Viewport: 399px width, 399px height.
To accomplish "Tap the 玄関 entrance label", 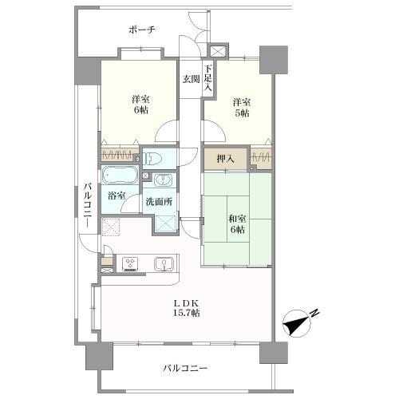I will (x=190, y=78).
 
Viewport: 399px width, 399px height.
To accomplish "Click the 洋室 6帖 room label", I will (x=140, y=105).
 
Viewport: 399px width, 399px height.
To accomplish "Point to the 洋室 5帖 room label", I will (x=242, y=108).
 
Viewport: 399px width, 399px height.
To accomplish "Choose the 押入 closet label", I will (x=226, y=158).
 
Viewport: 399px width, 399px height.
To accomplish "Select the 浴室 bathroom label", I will (x=117, y=196).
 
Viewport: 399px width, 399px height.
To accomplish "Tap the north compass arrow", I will (x=299, y=322).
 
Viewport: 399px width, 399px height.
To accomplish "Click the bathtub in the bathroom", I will (x=120, y=174).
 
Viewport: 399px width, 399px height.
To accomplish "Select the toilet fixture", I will (x=155, y=158).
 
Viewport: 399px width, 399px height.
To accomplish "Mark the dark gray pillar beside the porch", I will (x=87, y=70).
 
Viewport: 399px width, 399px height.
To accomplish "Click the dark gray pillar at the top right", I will (x=273, y=61).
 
